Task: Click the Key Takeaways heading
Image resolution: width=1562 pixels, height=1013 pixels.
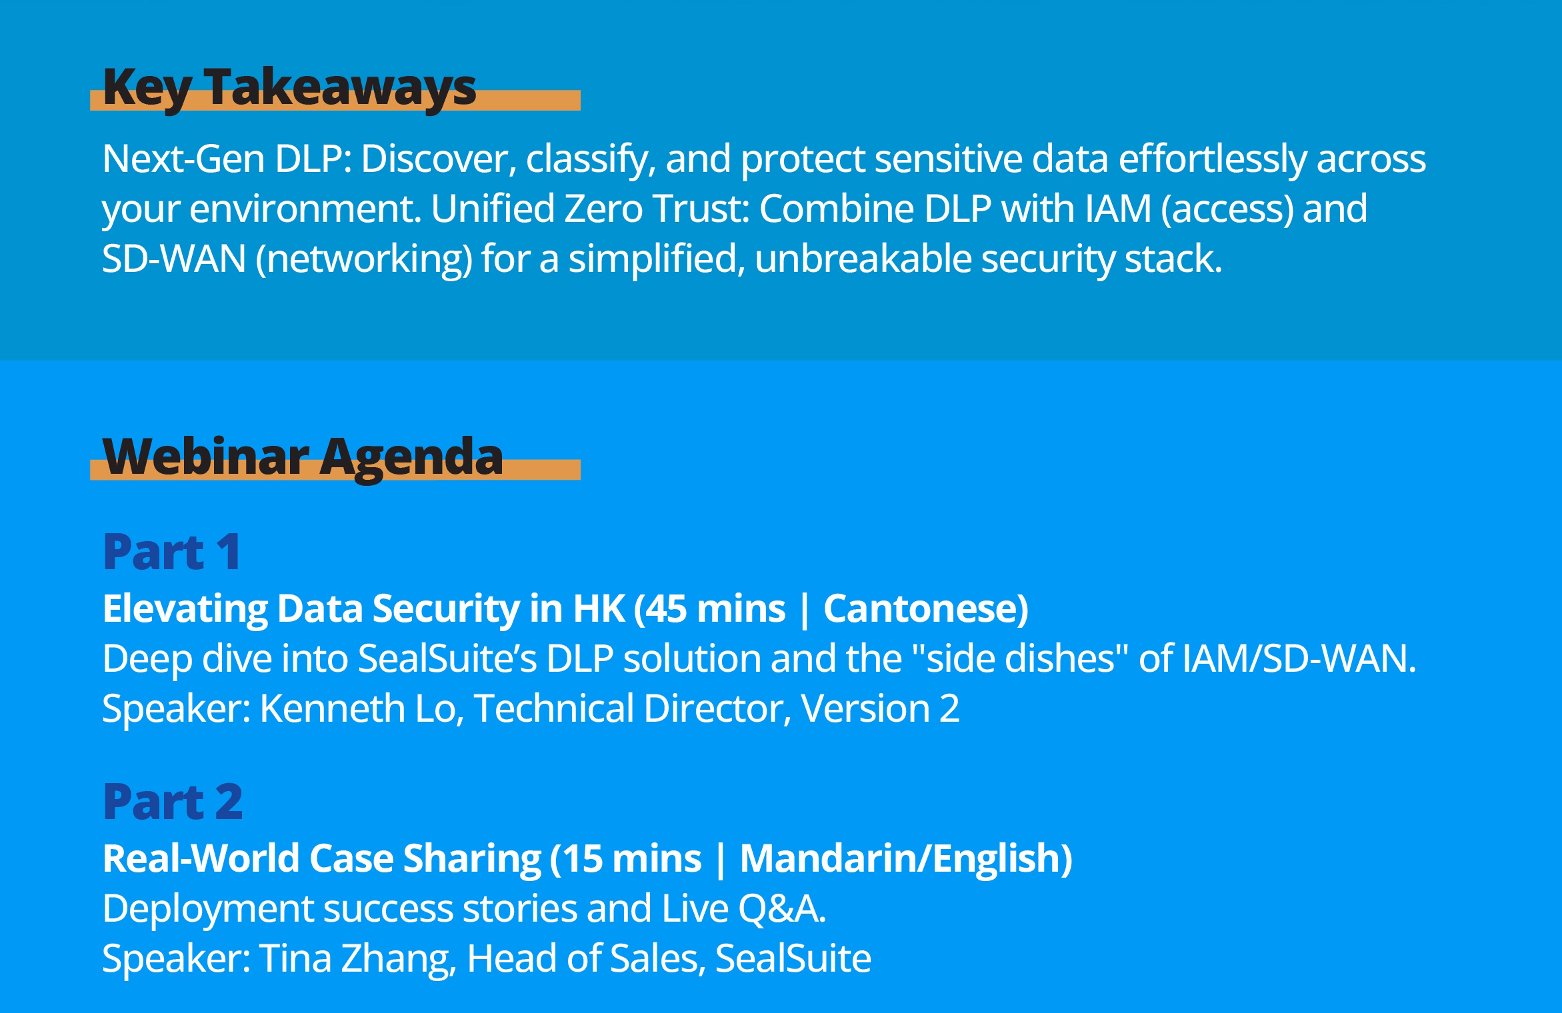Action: click(x=289, y=89)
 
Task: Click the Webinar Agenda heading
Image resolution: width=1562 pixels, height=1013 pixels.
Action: click(x=303, y=458)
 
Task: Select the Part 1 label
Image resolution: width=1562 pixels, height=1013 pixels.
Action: click(x=171, y=552)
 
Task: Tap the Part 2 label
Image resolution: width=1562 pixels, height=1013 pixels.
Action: click(x=173, y=802)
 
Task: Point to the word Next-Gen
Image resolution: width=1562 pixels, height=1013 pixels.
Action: click(x=183, y=160)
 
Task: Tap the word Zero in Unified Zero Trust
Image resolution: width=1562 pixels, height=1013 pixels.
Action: click(x=603, y=209)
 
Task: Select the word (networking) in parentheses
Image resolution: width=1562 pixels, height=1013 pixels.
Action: click(x=364, y=260)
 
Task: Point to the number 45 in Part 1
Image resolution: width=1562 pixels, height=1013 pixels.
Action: click(x=666, y=609)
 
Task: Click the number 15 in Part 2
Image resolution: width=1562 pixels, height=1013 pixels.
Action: click(x=582, y=859)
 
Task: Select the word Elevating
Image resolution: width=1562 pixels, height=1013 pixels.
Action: click(x=185, y=610)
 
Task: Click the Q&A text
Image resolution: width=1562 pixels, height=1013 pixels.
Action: click(x=782, y=910)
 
